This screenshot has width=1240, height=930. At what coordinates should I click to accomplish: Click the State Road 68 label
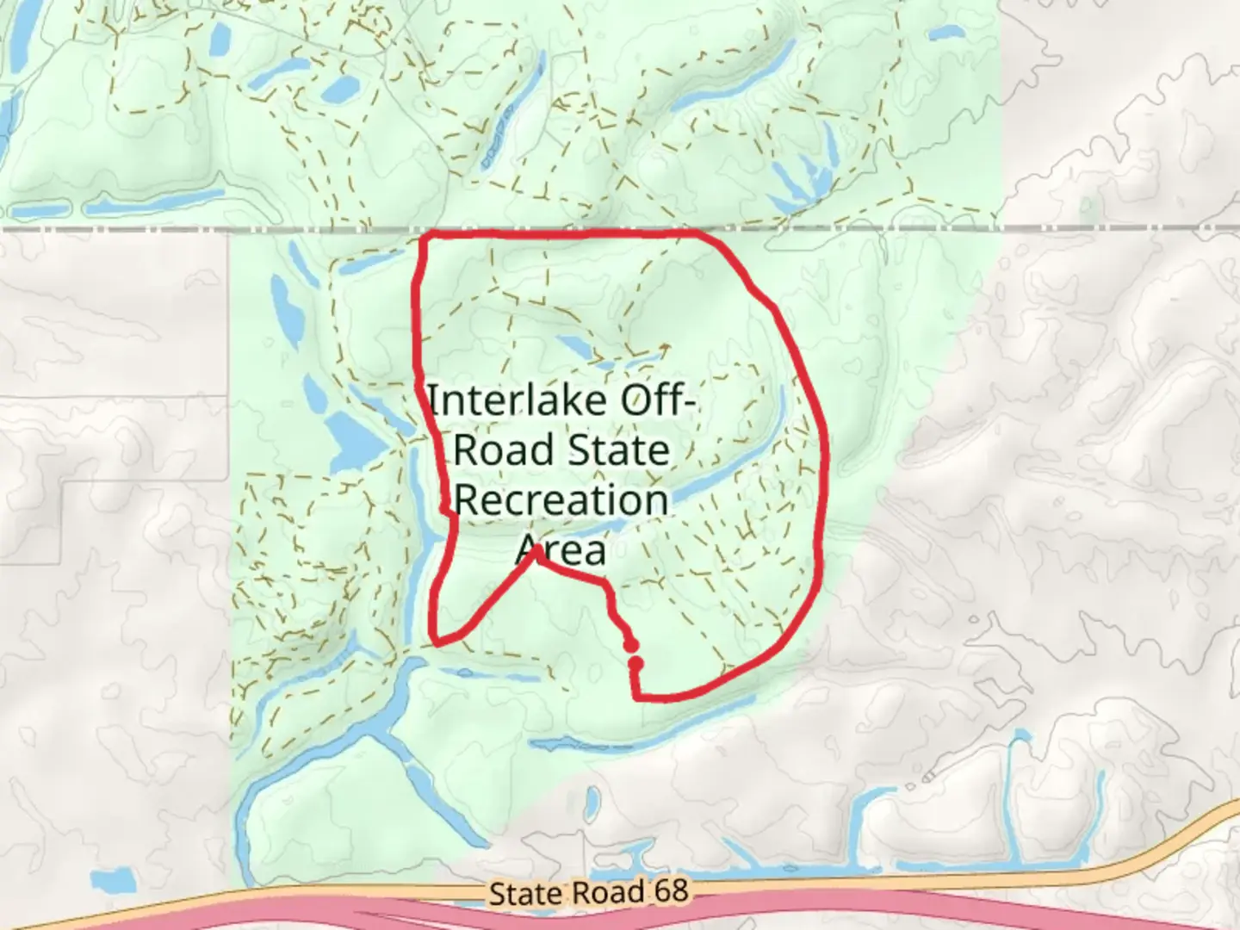tap(589, 891)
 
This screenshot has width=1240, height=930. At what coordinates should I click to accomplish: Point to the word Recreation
tap(561, 500)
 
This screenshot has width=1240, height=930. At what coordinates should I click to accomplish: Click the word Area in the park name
tap(561, 550)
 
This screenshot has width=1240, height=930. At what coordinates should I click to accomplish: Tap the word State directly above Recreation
tap(625, 450)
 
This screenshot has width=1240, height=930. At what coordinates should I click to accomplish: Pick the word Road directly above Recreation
tap(503, 450)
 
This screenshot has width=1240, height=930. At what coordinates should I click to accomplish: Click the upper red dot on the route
tap(631, 646)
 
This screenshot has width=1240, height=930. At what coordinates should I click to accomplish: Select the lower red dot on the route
tap(635, 663)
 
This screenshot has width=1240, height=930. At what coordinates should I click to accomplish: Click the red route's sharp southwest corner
tap(437, 642)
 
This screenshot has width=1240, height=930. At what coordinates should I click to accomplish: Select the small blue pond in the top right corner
tap(946, 34)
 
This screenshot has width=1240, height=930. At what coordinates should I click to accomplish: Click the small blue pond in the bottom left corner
tap(113, 881)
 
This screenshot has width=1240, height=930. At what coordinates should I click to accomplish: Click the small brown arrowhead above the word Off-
tap(665, 347)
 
